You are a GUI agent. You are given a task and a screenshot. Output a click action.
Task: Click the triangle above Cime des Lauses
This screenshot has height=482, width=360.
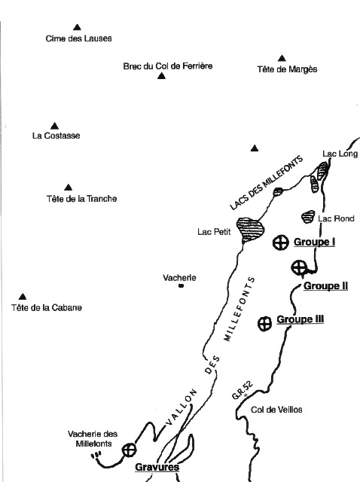pos(77,27)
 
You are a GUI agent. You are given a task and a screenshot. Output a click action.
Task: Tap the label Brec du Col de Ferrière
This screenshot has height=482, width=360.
pos(168,66)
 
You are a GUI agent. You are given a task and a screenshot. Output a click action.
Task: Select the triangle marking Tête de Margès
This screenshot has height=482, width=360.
pos(282,58)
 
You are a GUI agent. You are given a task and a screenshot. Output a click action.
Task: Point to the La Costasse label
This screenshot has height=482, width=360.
pos(56,136)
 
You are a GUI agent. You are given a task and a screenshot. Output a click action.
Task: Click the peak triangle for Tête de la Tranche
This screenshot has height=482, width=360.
pos(69,188)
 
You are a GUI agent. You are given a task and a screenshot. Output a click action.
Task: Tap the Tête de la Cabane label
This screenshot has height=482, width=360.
pos(47,307)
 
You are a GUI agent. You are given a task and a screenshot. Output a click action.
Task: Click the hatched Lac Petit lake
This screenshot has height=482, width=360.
pos(251,229)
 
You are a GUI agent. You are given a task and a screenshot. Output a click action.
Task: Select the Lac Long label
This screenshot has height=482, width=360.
pos(340,154)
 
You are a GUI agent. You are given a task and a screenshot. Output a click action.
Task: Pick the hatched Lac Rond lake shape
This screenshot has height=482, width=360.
pos(308,217)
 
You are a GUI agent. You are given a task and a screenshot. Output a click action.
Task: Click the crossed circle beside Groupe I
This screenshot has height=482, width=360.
pos(281,243)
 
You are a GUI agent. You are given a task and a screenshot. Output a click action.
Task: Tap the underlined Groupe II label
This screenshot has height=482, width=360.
pos(326,286)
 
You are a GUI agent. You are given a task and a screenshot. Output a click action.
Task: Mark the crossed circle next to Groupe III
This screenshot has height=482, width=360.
pos(264,324)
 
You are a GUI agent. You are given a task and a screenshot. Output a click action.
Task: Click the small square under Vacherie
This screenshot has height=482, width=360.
pos(181,286)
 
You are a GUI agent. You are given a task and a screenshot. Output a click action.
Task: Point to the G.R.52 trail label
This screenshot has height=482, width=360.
pos(243,391)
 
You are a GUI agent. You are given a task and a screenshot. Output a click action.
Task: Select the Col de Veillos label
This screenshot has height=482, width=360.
pos(276,410)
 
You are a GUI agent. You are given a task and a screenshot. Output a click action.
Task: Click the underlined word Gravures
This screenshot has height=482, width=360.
pos(157,467)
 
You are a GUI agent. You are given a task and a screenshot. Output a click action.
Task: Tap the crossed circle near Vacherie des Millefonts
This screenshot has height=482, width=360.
pos(129,450)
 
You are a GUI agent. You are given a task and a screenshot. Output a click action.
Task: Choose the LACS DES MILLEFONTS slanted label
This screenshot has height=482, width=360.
pos(266,183)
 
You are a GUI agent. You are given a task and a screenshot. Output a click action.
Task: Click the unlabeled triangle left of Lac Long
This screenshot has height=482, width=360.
pos(255,148)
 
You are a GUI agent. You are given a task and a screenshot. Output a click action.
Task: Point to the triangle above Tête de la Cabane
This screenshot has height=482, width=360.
pos(23,297)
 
